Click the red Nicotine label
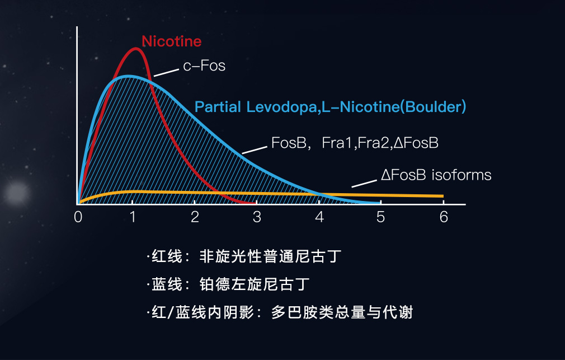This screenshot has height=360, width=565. [x=172, y=41]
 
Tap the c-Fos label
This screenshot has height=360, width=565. [x=204, y=66]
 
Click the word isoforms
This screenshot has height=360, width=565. [x=461, y=175]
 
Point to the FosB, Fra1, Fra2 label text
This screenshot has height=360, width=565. [x=355, y=143]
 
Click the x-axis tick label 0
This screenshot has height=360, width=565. [x=78, y=217]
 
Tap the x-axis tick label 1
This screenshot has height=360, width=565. [x=133, y=217]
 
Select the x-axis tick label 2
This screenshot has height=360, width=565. [x=195, y=217]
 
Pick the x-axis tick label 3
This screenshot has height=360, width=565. [x=257, y=217]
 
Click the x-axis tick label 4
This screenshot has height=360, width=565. [x=319, y=217]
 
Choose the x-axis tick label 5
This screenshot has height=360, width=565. [x=380, y=217]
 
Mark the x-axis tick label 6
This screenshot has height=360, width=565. [x=444, y=217]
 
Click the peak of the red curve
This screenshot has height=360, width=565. [x=135, y=48]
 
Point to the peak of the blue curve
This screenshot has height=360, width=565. [x=128, y=77]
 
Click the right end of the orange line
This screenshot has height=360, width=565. [x=443, y=196]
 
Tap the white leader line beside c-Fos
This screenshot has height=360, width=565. [x=166, y=73]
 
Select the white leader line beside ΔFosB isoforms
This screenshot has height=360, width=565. [x=364, y=184]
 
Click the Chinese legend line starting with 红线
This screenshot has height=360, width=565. [x=244, y=256]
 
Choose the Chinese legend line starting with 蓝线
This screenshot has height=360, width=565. [x=228, y=284]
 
